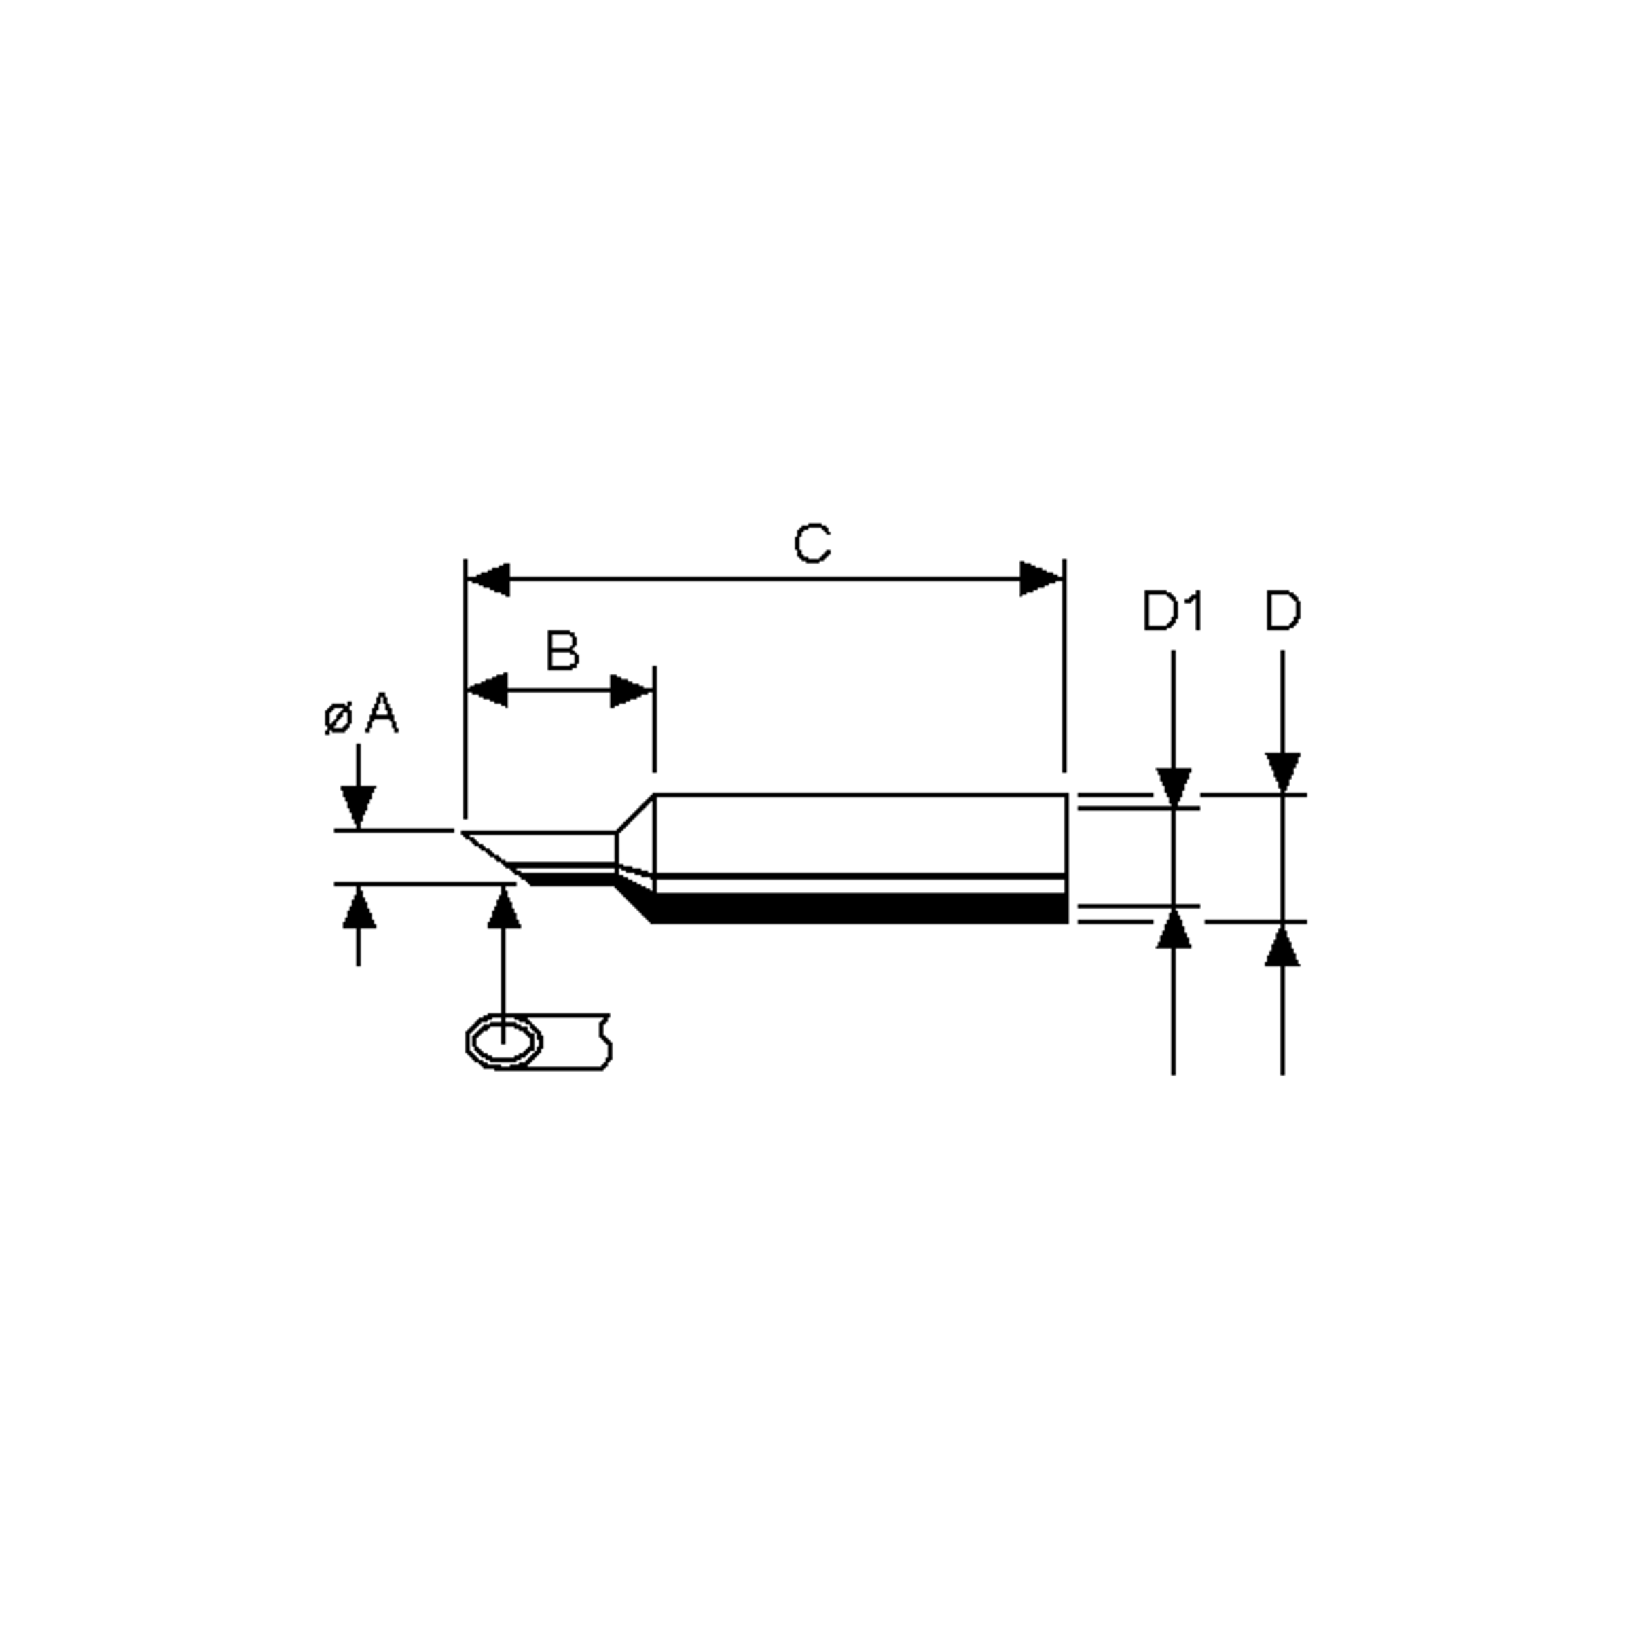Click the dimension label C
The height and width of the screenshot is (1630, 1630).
[x=812, y=544]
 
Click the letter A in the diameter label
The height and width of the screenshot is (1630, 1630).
[x=381, y=714]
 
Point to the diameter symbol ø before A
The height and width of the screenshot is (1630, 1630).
[x=338, y=718]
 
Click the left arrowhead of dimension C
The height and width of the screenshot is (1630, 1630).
[x=488, y=579]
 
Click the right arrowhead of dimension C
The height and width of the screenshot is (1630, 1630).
[x=1041, y=579]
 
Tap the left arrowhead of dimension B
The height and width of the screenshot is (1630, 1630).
[x=488, y=690]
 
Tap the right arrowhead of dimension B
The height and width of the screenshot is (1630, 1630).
[x=631, y=691]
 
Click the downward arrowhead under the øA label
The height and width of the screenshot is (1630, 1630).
[x=358, y=805]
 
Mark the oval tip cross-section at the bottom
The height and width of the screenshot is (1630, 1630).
[x=505, y=1042]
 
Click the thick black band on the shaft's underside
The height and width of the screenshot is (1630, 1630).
[x=861, y=908]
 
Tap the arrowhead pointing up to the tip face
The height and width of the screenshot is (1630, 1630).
[x=505, y=908]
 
